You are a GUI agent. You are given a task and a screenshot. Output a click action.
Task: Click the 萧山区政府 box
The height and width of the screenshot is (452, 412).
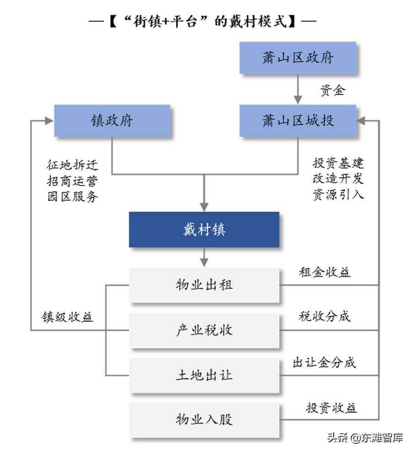click(298, 58)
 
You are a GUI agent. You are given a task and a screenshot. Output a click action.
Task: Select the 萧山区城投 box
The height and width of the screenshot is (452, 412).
click(298, 120)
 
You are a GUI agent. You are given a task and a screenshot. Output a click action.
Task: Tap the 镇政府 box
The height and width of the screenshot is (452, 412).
click(112, 120)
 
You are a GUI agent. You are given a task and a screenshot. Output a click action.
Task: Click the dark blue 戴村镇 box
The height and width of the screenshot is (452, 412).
click(204, 229)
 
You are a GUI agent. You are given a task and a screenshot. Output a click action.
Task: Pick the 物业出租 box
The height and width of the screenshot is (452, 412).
click(204, 285)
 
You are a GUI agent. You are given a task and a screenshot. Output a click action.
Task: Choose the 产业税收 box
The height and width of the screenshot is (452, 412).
click(204, 330)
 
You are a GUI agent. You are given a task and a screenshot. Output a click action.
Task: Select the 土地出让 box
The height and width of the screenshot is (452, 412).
click(204, 375)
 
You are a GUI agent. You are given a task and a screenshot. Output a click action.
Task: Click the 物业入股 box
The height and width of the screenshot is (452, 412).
click(204, 419)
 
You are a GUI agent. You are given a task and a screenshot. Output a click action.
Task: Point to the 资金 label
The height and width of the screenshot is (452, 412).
click(332, 90)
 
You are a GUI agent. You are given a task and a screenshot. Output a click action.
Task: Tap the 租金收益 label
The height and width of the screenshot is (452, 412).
click(325, 272)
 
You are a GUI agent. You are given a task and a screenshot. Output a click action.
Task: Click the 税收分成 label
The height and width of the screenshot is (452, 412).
click(325, 316)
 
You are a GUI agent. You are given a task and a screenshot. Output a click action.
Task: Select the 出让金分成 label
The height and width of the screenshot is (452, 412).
click(325, 363)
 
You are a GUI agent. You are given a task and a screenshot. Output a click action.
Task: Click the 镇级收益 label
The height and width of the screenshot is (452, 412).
click(68, 317)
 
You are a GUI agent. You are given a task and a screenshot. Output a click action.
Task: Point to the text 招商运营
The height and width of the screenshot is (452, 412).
click(72, 180)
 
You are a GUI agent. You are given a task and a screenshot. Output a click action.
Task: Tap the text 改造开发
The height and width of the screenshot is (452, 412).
click(338, 178)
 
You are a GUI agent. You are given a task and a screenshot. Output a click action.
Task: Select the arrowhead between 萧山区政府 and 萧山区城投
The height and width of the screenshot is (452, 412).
click(298, 99)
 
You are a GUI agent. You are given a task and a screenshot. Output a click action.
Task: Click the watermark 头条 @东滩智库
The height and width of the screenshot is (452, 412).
click(365, 437)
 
